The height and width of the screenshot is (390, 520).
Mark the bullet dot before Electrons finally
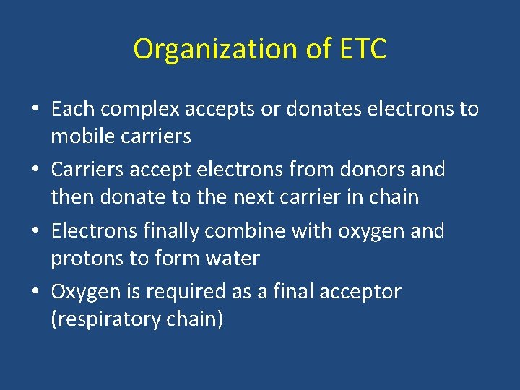click(x=35, y=232)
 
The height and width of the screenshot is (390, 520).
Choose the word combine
click(x=241, y=232)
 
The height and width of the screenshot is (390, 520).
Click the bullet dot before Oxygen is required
click(x=35, y=292)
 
